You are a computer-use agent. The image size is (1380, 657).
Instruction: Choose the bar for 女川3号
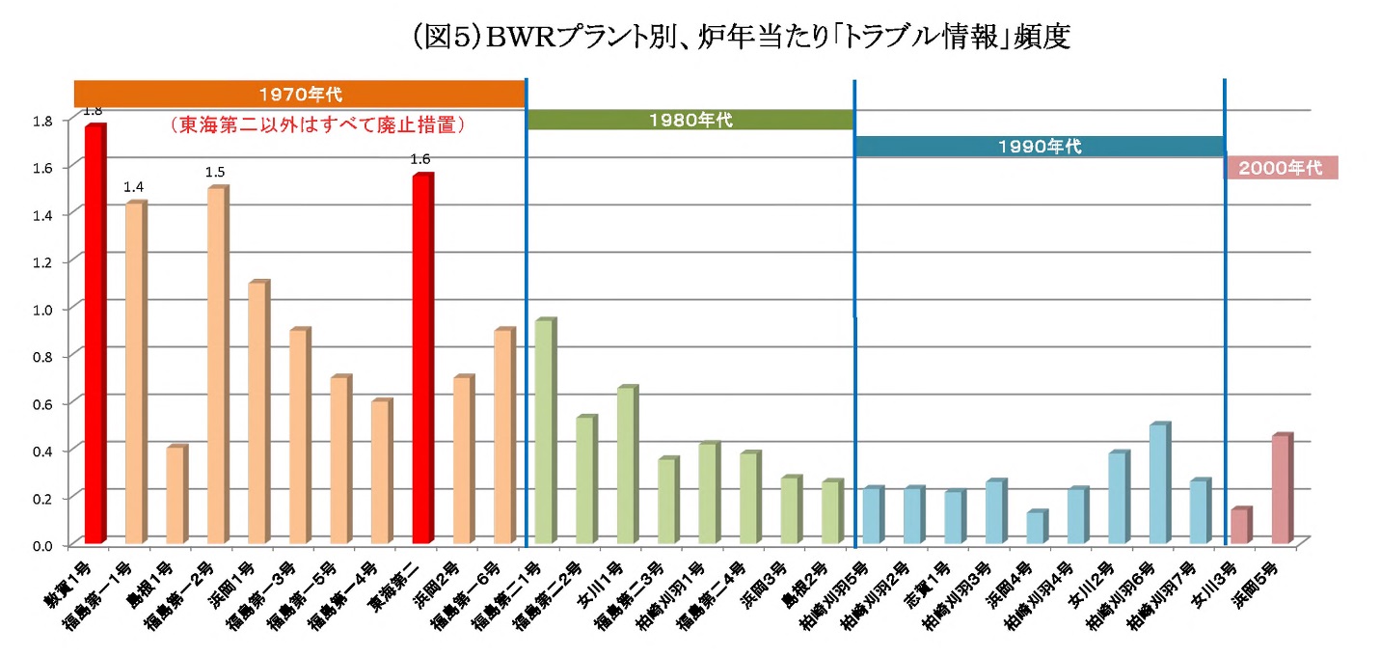point(1240,525)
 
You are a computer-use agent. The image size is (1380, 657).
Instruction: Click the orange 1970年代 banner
point(300,95)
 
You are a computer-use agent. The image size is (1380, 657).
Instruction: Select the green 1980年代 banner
point(690,121)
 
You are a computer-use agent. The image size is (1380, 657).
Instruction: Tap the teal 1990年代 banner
point(1039,147)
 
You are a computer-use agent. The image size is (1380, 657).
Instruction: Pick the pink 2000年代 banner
point(1280,168)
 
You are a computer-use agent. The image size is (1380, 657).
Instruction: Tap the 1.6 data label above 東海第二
point(420,159)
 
